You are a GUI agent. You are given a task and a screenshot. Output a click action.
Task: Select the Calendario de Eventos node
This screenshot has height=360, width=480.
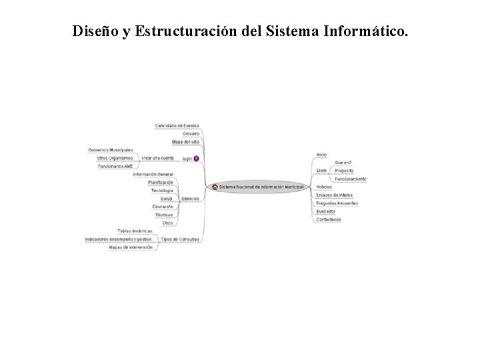pos(177,125)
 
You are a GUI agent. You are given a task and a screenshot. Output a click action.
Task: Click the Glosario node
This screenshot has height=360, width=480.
pos(190,133)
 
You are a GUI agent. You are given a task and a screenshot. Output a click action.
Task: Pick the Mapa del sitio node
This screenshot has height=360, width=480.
pos(185,142)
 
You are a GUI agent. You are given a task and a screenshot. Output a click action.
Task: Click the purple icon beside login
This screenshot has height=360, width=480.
pos(196,158)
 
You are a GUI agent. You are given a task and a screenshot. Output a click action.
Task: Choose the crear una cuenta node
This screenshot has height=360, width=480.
pos(157,158)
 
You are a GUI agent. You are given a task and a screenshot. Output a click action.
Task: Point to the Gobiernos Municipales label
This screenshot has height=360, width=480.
pos(111,150)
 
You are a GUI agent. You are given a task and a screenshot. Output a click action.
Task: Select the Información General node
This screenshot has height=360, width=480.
pos(153,174)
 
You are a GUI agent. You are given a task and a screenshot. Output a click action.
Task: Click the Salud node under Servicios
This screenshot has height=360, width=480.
pos(167,199)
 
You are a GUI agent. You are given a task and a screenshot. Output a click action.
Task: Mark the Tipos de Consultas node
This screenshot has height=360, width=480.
pos(180,239)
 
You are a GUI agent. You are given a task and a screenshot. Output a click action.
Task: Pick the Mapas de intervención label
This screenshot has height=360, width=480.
pos(131,247)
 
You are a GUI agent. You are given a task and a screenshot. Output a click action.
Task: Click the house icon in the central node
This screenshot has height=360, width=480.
pos(215,187)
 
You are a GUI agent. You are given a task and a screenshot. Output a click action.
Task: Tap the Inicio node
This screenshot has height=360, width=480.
pos(321,155)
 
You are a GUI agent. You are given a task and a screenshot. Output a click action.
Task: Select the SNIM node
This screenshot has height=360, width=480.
pos(321,171)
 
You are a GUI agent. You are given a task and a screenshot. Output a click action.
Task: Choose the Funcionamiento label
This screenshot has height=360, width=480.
pos(350,179)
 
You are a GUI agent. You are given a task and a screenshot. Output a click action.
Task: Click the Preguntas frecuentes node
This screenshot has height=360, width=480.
pos(337,203)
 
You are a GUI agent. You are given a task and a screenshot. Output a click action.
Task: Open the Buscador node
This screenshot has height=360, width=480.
pos(326,211)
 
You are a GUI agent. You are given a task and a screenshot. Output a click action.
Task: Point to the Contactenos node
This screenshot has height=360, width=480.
pos(329,219)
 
